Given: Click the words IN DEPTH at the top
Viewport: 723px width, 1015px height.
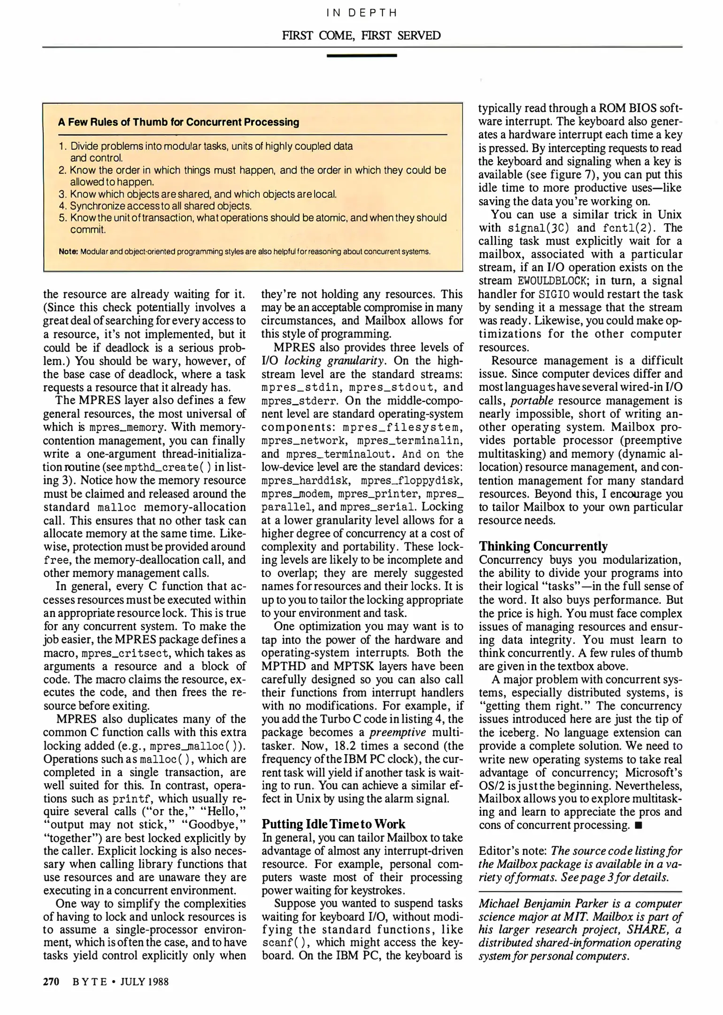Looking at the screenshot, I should [361, 13].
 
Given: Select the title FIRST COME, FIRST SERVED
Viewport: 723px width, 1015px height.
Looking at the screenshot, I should [361, 36].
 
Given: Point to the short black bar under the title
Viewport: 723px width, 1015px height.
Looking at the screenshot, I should [361, 55].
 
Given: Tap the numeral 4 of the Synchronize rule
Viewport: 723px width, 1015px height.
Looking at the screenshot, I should [62, 206].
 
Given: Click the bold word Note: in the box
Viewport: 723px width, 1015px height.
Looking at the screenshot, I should [68, 251].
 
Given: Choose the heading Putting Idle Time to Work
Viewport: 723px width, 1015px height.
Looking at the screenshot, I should [333, 824].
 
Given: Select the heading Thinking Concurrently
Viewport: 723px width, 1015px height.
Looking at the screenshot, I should [543, 546].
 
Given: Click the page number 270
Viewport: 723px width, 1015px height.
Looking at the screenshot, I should [51, 982].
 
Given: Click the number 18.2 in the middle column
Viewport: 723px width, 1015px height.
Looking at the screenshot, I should [347, 746].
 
